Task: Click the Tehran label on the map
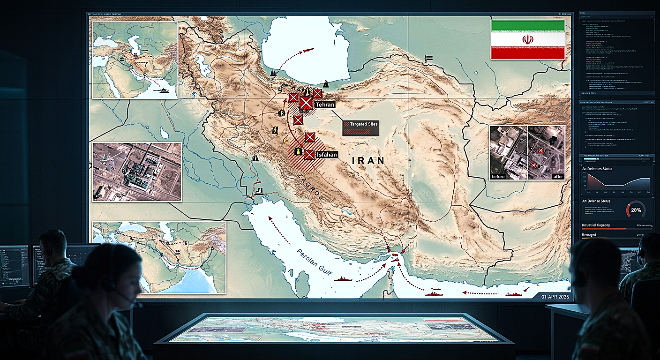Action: (325, 105)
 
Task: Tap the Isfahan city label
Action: (327, 154)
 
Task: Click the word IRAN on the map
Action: (368, 160)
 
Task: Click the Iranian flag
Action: (527, 39)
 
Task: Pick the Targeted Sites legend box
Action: (360, 128)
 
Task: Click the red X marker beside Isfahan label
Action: (309, 154)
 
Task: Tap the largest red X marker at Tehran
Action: (306, 102)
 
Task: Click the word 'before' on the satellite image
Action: (498, 176)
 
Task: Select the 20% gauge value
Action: (636, 210)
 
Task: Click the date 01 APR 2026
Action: (555, 296)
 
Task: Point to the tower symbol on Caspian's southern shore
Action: (325, 85)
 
